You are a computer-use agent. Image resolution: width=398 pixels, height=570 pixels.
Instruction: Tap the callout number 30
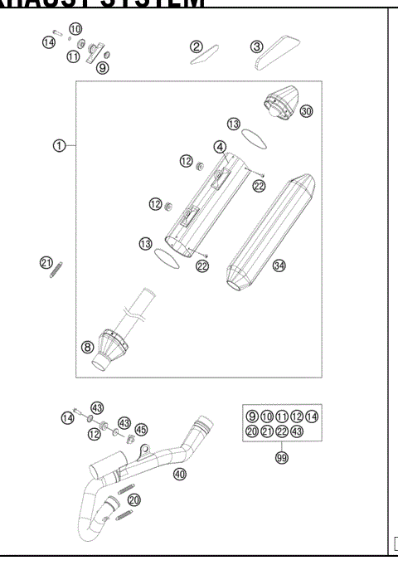click(307, 111)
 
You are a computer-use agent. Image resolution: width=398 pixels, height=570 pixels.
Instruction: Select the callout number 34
click(279, 266)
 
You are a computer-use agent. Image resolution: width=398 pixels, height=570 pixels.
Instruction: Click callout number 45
click(141, 429)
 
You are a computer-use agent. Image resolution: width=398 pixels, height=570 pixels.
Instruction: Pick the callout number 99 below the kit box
click(281, 456)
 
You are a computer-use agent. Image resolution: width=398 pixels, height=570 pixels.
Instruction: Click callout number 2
click(197, 46)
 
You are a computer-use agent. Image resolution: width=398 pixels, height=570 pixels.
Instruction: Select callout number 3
click(257, 46)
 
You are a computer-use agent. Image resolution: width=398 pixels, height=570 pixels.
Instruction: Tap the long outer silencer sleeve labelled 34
click(265, 232)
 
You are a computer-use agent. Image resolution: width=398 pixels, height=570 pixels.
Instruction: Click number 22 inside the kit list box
click(281, 431)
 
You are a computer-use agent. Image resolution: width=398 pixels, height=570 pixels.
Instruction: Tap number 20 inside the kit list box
click(251, 431)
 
